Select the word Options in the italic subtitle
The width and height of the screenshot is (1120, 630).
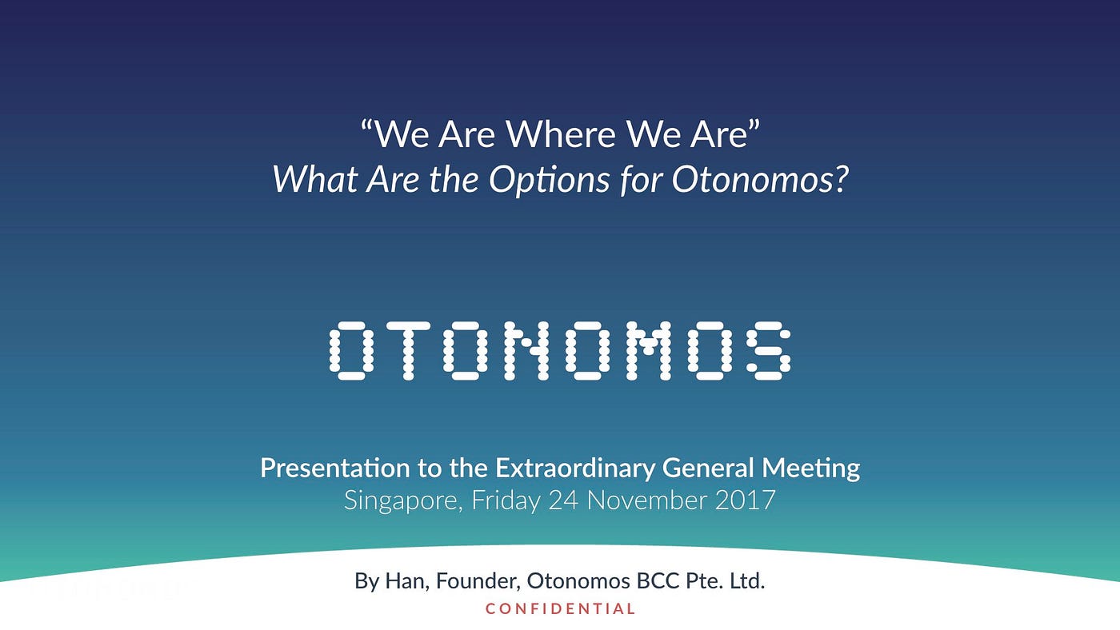point(549,181)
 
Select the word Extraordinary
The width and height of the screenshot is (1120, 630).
point(575,469)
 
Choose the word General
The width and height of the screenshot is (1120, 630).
point(708,469)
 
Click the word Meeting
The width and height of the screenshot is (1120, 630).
point(811,469)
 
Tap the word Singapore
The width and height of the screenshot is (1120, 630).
point(403,501)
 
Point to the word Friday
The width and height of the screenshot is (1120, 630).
point(506,501)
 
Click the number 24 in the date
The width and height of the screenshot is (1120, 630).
point(563,500)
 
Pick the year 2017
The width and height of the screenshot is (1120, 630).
point(746,500)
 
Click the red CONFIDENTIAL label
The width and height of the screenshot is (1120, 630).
point(560,609)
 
